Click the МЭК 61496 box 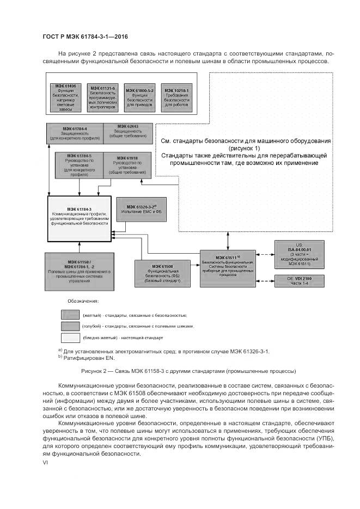tap(65, 97)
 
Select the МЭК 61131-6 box tap(102, 97)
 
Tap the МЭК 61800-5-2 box tap(140, 97)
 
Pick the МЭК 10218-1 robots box tap(177, 97)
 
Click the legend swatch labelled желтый tap(70, 315)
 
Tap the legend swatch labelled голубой tap(70, 326)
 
